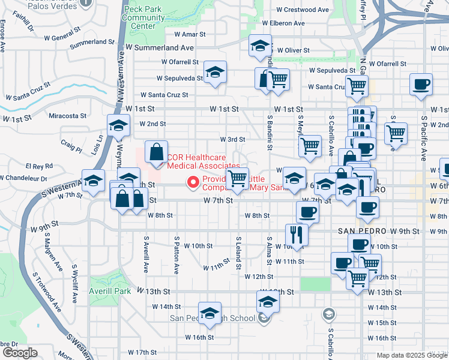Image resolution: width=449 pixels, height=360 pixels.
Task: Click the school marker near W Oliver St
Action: (260, 46)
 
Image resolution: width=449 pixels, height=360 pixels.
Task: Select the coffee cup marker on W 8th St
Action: (308, 212)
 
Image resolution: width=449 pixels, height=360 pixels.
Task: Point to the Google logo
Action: (20, 353)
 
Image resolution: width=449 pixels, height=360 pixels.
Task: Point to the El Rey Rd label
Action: (39, 166)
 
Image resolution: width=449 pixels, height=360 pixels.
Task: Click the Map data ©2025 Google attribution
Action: (412, 355)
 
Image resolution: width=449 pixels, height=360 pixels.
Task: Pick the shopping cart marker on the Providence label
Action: (238, 179)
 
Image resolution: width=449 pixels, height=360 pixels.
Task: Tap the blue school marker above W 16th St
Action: (209, 314)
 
